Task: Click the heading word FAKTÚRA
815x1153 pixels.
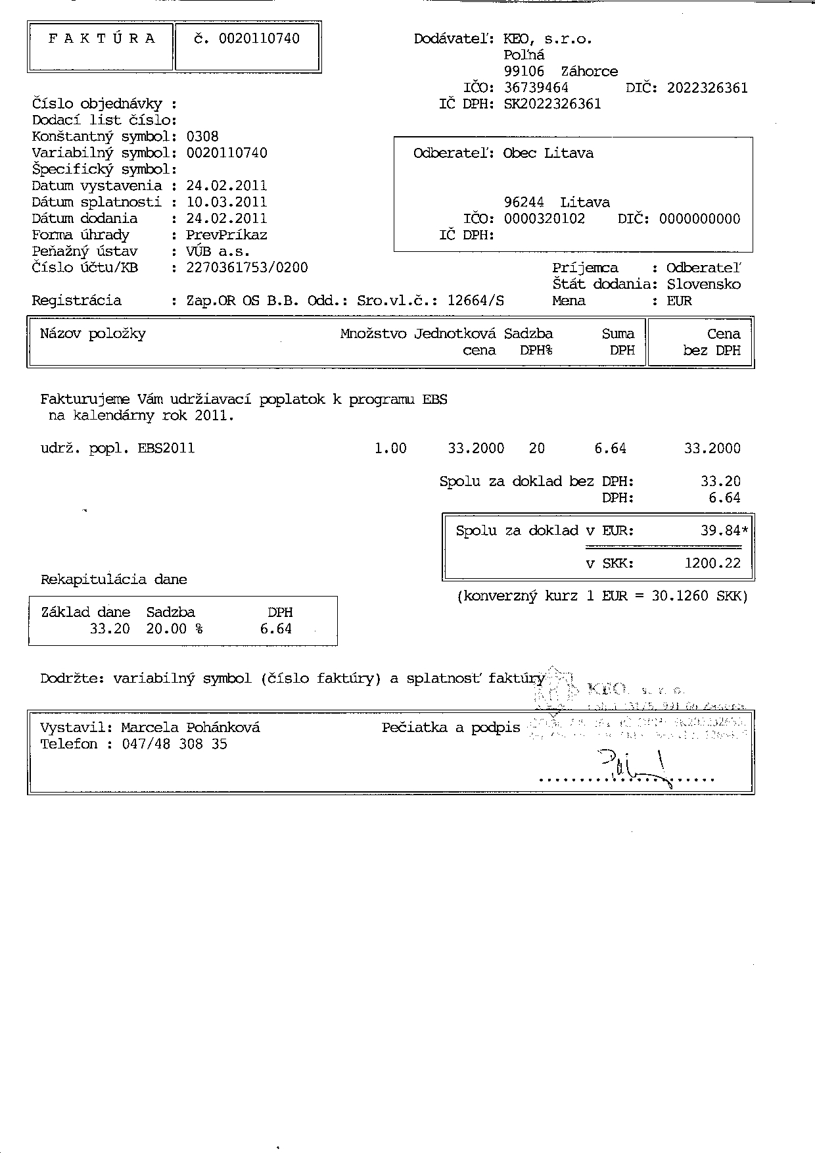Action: click(x=102, y=39)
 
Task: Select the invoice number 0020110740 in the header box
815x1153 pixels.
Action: click(x=259, y=39)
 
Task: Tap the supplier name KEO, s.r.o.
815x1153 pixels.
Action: click(x=547, y=39)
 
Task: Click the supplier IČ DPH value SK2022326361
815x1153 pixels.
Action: click(x=552, y=104)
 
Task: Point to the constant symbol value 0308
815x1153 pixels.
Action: click(x=202, y=137)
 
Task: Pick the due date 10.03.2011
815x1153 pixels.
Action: click(x=227, y=202)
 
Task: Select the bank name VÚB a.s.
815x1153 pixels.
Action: click(x=218, y=251)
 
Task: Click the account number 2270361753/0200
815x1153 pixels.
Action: click(x=247, y=268)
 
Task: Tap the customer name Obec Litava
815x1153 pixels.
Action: click(x=548, y=153)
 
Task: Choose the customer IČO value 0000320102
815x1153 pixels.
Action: click(x=544, y=218)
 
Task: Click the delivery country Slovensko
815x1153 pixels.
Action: click(x=703, y=284)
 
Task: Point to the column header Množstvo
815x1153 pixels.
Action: click(x=373, y=333)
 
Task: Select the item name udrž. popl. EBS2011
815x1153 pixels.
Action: click(x=118, y=449)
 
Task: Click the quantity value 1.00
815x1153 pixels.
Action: click(x=390, y=449)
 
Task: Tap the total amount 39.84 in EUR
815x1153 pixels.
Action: click(x=720, y=530)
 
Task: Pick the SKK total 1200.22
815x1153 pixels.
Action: click(x=712, y=563)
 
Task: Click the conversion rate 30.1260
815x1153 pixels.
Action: click(x=680, y=596)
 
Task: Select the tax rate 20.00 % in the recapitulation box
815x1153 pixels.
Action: click(x=174, y=629)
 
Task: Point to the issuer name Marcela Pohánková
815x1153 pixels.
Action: click(x=191, y=727)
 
